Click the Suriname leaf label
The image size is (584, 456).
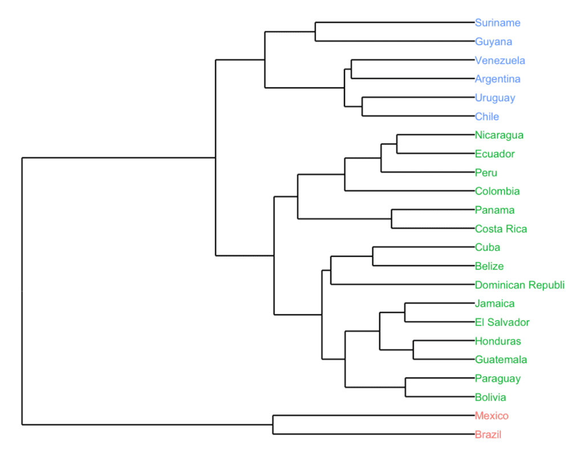coord(497,23)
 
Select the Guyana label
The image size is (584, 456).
coord(493,42)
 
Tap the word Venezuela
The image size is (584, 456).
coord(500,60)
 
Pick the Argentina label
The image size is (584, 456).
coord(497,79)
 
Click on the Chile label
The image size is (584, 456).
coord(487,117)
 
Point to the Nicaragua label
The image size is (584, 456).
coord(499,135)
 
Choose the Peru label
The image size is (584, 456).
coord(486,173)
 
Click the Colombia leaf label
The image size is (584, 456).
coord(497,192)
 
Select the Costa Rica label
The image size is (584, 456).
coord(501,229)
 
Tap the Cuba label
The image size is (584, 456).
coord(488,247)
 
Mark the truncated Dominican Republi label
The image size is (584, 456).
coord(520,285)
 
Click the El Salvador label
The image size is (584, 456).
coord(502,323)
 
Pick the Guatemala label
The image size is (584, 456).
coord(501,360)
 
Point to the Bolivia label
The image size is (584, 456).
coord(490,397)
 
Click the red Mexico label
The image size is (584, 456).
coord(491,416)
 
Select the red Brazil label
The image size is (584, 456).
coord(488,435)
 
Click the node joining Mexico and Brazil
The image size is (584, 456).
coord(273,425)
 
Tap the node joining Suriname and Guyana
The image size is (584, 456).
coord(316,32)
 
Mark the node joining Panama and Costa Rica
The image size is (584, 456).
coord(392,219)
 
